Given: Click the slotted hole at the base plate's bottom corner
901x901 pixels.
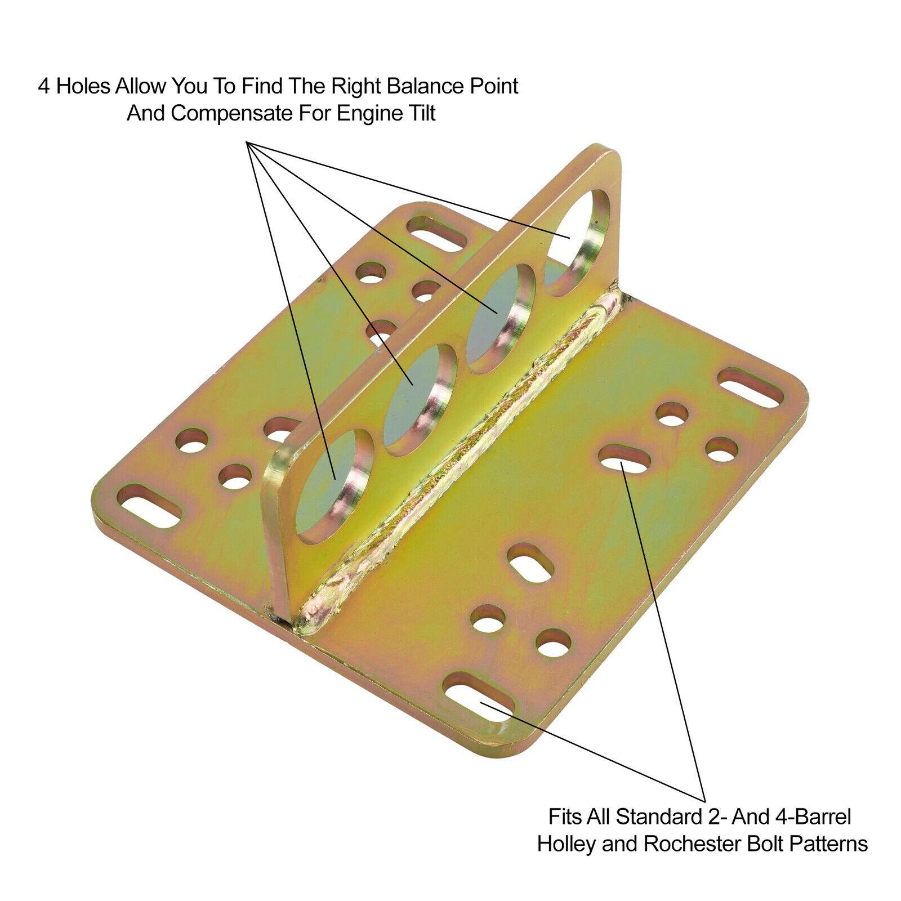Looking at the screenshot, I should [x=480, y=698].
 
